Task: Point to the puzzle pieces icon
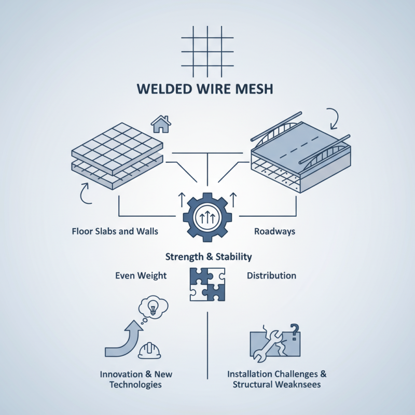pos(208,284)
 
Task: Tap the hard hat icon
pos(149,351)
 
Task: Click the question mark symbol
pos(295,330)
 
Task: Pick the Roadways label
pos(274,231)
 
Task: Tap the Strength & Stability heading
pos(208,257)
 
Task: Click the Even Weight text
pos(141,275)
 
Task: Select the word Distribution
pos(271,275)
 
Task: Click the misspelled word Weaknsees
pos(298,384)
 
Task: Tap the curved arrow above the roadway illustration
pos(332,119)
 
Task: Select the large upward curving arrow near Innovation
pos(122,339)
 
